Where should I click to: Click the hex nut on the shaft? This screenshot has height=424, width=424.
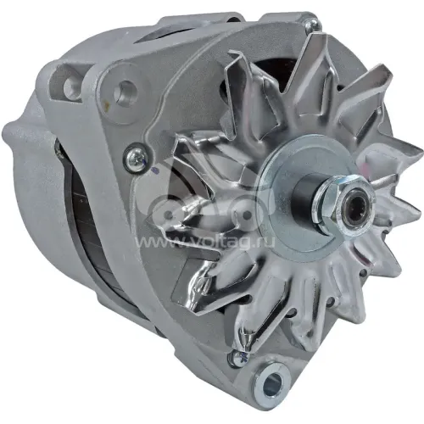point(344,205)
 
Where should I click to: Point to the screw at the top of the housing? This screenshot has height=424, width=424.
point(313,24)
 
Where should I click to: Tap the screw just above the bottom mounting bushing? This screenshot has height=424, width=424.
point(238,359)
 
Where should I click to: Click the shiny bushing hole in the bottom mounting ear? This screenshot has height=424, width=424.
point(274,382)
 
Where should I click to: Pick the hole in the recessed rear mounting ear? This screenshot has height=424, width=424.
point(70,85)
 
